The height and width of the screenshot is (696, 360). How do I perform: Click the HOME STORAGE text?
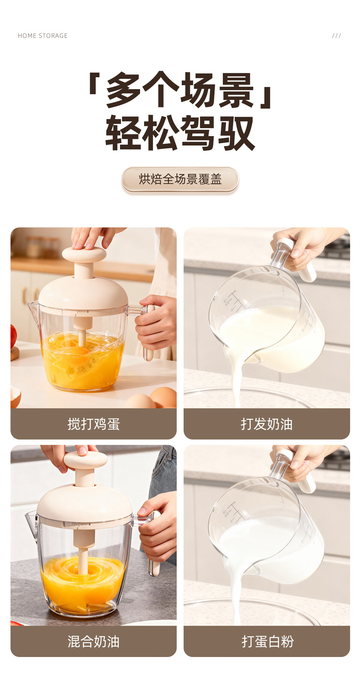(x=43, y=36)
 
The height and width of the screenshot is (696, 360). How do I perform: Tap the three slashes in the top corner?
(x=336, y=36)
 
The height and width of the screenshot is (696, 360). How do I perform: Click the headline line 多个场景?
(x=180, y=90)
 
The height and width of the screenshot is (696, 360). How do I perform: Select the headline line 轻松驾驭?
(x=180, y=133)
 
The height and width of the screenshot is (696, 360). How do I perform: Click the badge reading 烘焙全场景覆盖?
(x=180, y=179)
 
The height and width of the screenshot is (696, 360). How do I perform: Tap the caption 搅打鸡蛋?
(x=94, y=424)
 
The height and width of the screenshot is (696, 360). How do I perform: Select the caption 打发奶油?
(x=267, y=424)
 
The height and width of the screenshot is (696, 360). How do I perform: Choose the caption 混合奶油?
(x=94, y=641)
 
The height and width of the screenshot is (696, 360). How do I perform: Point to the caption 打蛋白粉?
(x=268, y=641)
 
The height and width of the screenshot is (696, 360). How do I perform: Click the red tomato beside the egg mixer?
(x=13, y=336)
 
